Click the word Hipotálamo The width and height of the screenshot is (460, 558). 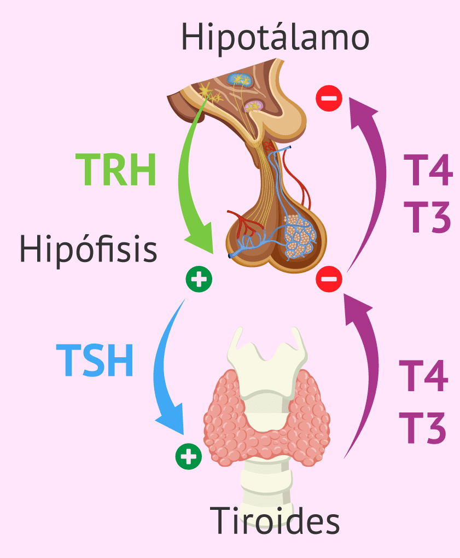275,37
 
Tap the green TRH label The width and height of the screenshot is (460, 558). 115,170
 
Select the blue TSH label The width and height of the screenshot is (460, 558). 95,360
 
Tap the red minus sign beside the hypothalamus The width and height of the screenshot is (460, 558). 329,98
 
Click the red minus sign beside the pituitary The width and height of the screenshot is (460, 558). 329,280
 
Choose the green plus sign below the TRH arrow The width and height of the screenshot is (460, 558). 199,280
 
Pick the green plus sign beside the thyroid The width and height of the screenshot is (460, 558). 189,456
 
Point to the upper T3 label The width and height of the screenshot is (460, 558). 427,217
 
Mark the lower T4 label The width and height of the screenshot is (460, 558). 423,376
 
